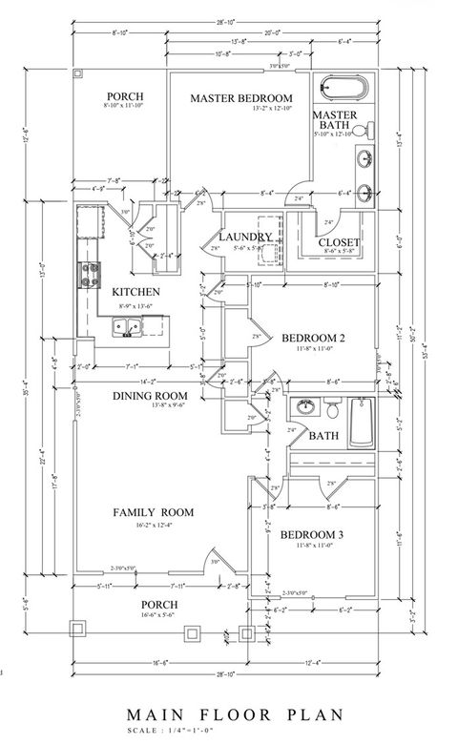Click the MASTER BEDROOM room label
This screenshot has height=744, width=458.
[240, 98]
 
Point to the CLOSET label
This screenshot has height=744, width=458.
[339, 242]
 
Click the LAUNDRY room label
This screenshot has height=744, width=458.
[246, 237]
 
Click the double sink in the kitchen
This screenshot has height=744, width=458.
[128, 329]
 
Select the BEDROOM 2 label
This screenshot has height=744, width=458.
[312, 339]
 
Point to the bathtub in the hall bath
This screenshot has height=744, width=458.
[361, 423]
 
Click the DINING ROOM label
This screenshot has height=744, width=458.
[150, 396]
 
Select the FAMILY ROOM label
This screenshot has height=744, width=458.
[153, 512]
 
